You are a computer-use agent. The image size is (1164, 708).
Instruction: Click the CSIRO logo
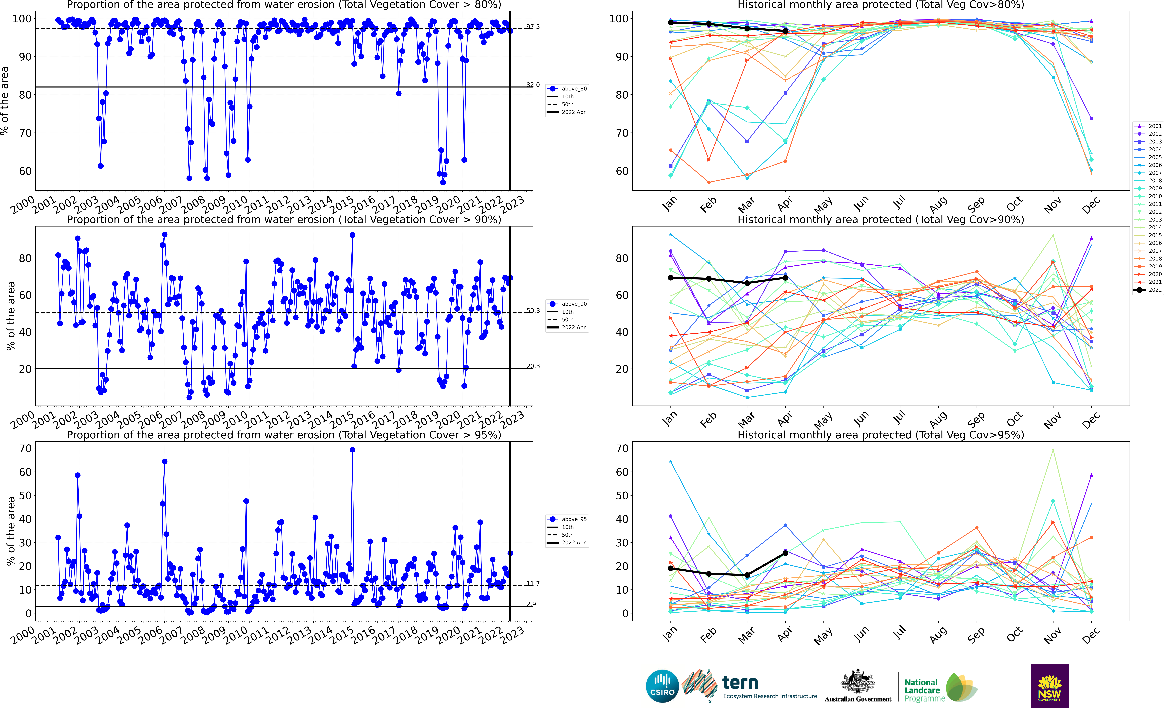(x=662, y=686)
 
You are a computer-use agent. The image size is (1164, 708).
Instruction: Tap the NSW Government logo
(x=1049, y=686)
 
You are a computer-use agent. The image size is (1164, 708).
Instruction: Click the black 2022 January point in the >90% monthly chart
(x=670, y=277)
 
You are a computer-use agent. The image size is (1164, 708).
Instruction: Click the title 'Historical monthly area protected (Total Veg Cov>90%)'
(x=881, y=220)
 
